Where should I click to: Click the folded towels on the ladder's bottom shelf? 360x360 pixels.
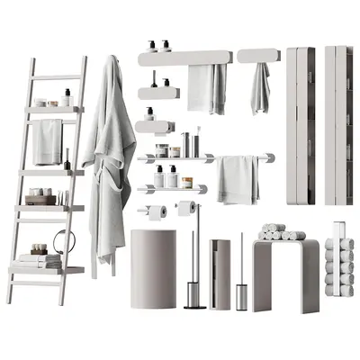pyautogui.click(x=40, y=260)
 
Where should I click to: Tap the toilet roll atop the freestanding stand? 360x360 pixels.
pyautogui.click(x=187, y=208)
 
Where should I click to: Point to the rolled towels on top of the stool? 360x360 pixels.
pyautogui.click(x=279, y=232)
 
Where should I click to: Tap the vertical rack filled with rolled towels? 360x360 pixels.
pyautogui.click(x=337, y=261)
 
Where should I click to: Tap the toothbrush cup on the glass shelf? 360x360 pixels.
pyautogui.click(x=185, y=143)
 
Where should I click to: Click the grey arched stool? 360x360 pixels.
pyautogui.click(x=285, y=270)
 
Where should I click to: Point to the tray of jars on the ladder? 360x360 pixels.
pyautogui.click(x=39, y=195)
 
